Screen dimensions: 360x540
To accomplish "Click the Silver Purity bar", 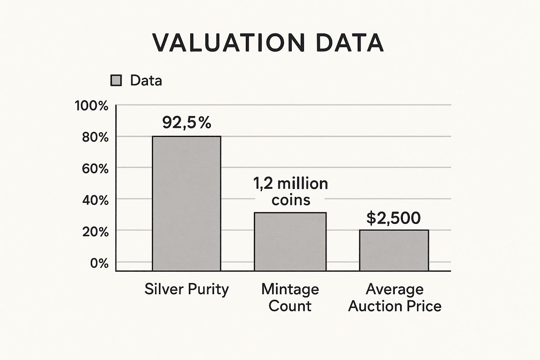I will pyautogui.click(x=186, y=203).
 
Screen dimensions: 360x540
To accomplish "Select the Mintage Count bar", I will pyautogui.click(x=290, y=242).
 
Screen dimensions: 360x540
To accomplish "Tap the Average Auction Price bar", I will pyautogui.click(x=394, y=250).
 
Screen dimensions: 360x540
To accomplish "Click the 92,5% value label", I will pyautogui.click(x=187, y=122).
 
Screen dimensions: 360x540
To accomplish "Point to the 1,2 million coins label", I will pyautogui.click(x=290, y=192).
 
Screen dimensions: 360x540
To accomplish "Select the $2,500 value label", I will pyautogui.click(x=393, y=218).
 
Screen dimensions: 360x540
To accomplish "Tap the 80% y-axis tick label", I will pyautogui.click(x=95, y=137).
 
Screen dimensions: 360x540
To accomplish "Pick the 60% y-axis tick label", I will pyautogui.click(x=95, y=169).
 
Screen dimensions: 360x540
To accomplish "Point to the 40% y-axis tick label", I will pyautogui.click(x=95, y=200).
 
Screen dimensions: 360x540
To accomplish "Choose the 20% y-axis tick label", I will pyautogui.click(x=95, y=232).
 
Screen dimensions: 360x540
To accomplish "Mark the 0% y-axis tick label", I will pyautogui.click(x=99, y=263).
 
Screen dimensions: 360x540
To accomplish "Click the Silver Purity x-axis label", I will pyautogui.click(x=186, y=289).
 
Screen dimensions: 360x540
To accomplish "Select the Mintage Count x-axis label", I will pyautogui.click(x=290, y=297).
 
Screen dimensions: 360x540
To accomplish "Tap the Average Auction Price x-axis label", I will pyautogui.click(x=394, y=297).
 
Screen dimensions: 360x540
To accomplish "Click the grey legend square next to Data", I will pyautogui.click(x=116, y=81).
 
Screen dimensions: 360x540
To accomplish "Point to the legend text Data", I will pyautogui.click(x=146, y=81).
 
